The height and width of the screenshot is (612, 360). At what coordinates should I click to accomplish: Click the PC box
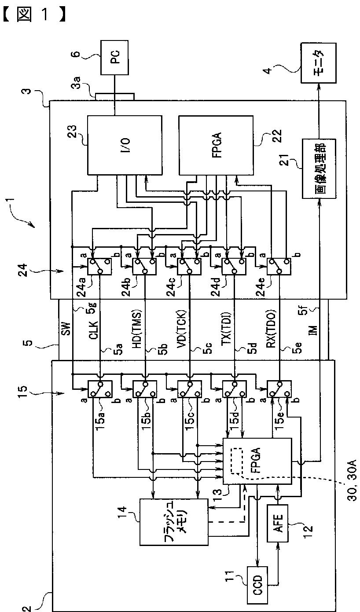click(x=114, y=57)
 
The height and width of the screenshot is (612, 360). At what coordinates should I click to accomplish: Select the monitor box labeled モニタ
click(x=319, y=63)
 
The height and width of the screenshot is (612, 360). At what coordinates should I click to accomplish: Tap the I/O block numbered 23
click(x=125, y=145)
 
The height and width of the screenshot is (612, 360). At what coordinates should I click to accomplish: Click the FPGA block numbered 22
click(x=216, y=145)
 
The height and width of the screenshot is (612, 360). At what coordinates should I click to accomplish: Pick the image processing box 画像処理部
click(x=319, y=169)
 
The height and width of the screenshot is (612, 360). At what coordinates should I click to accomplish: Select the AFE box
click(x=277, y=523)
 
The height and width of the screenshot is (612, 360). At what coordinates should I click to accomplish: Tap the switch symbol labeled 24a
click(x=99, y=266)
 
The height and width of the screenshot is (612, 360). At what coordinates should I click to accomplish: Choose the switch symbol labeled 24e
click(x=279, y=266)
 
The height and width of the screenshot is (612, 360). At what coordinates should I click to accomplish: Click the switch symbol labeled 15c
click(x=189, y=389)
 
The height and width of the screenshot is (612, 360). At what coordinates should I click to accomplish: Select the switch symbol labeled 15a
click(x=100, y=389)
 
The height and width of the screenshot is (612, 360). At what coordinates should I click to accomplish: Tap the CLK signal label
click(x=93, y=330)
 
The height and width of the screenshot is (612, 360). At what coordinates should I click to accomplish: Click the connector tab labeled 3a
click(x=115, y=97)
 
